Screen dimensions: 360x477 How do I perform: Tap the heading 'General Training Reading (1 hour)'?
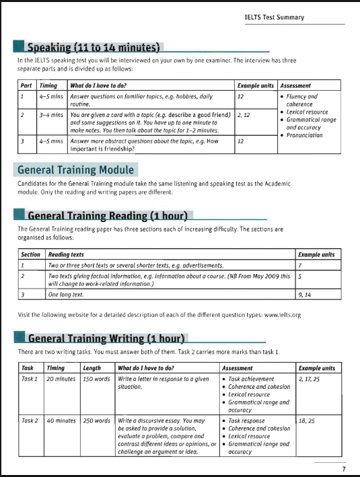(x=108, y=216)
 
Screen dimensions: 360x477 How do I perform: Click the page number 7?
(x=343, y=469)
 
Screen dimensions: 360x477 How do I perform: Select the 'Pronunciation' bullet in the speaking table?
(x=304, y=135)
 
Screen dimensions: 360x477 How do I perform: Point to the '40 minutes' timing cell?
(x=61, y=420)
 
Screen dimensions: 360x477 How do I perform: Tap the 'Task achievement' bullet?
(x=251, y=379)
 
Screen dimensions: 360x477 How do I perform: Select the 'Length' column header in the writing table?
(x=92, y=368)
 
